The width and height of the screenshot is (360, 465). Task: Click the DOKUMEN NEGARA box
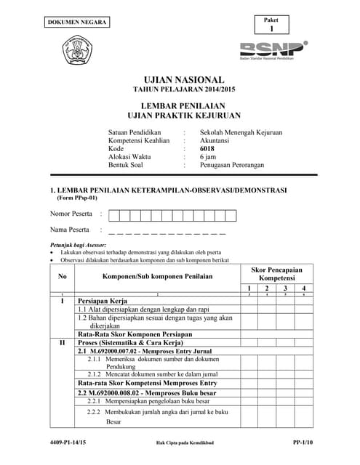click(x=78, y=23)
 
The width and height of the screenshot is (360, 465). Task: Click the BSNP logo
click(x=273, y=49)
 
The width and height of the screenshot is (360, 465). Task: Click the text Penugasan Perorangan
click(x=232, y=165)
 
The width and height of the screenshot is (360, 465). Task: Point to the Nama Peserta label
click(x=69, y=230)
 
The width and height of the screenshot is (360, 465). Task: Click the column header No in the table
click(x=62, y=276)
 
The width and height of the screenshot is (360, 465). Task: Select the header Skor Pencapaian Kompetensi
click(x=276, y=273)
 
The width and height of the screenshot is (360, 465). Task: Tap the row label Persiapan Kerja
click(x=103, y=300)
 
